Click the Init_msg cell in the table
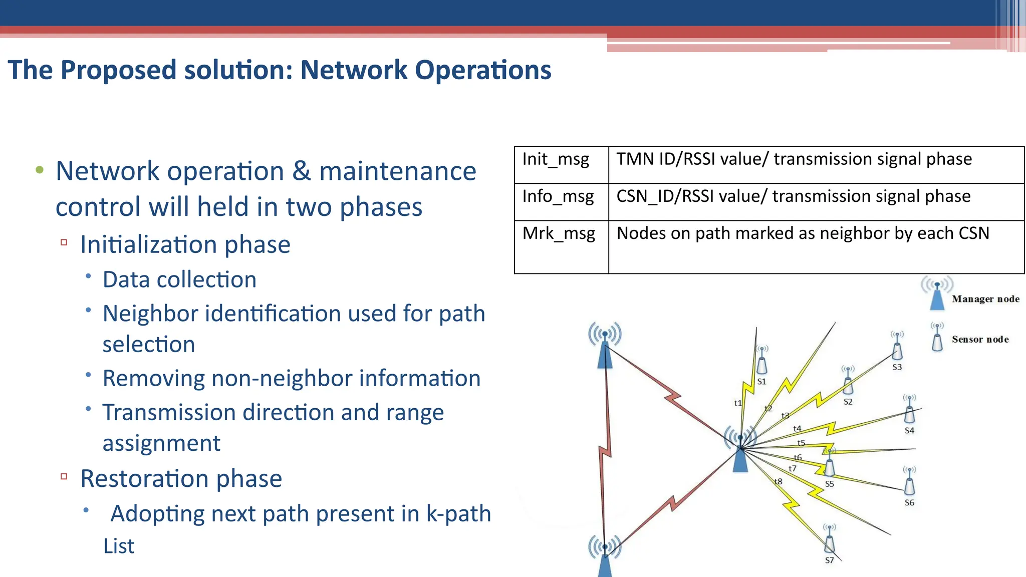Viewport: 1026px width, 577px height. [556, 159]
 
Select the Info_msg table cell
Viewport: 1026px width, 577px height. [558, 196]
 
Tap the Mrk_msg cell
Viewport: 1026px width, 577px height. [559, 233]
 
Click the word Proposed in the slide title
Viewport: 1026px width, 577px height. [118, 70]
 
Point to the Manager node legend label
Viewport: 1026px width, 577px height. [985, 299]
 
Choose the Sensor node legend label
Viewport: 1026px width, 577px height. [980, 340]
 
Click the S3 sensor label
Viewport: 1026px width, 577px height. [897, 367]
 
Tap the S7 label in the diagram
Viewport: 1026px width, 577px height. [830, 560]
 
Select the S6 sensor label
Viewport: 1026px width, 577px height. [909, 503]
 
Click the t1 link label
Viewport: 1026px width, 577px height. [737, 403]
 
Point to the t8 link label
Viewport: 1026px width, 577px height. [778, 481]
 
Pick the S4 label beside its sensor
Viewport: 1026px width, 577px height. [909, 431]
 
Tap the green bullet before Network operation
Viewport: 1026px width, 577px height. [40, 170]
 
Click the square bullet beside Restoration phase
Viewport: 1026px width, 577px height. [64, 476]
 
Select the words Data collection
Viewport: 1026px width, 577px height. [179, 279]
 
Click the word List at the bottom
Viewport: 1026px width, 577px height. [119, 546]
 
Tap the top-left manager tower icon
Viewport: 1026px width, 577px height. [605, 346]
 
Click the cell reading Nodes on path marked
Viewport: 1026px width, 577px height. [803, 233]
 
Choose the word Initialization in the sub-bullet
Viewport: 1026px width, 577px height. [148, 245]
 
